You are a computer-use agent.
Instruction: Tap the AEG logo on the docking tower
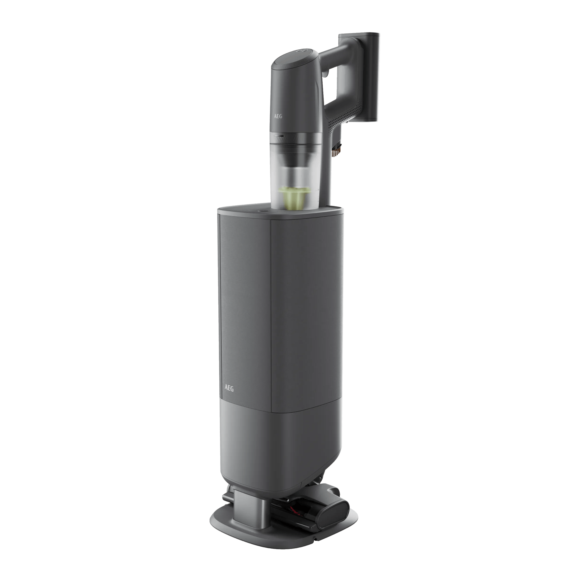pos(229,388)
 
